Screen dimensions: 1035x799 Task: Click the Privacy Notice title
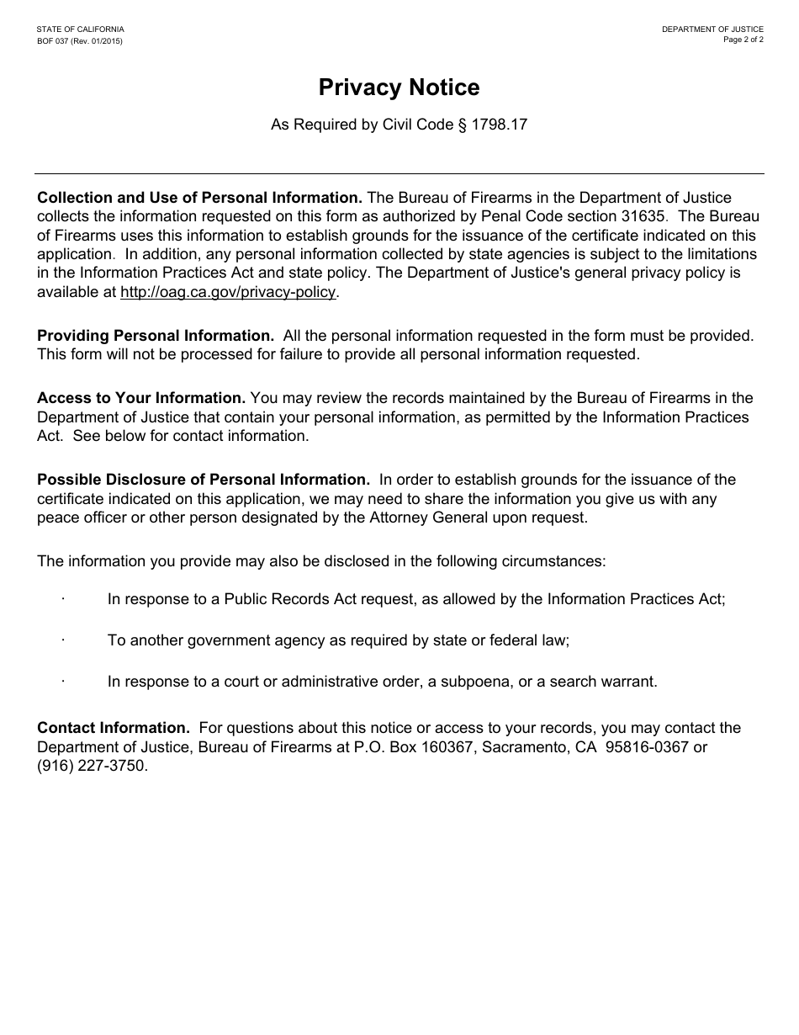(399, 88)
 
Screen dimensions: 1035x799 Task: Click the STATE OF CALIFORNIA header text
(80, 29)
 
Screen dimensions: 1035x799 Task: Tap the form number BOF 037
(58, 41)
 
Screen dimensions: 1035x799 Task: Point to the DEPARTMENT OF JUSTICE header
(712, 29)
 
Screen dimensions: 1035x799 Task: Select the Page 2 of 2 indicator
(743, 40)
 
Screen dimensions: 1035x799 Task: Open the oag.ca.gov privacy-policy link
(228, 292)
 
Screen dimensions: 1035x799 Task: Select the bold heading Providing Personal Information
(156, 335)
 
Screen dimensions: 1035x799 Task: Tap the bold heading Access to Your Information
(141, 397)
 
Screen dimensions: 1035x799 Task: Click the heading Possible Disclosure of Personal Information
(204, 479)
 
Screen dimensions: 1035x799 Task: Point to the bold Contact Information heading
(114, 727)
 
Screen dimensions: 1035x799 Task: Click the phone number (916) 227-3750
(92, 766)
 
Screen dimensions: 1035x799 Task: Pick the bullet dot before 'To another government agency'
(63, 640)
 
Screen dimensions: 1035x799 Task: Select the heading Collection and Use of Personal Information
(199, 198)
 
